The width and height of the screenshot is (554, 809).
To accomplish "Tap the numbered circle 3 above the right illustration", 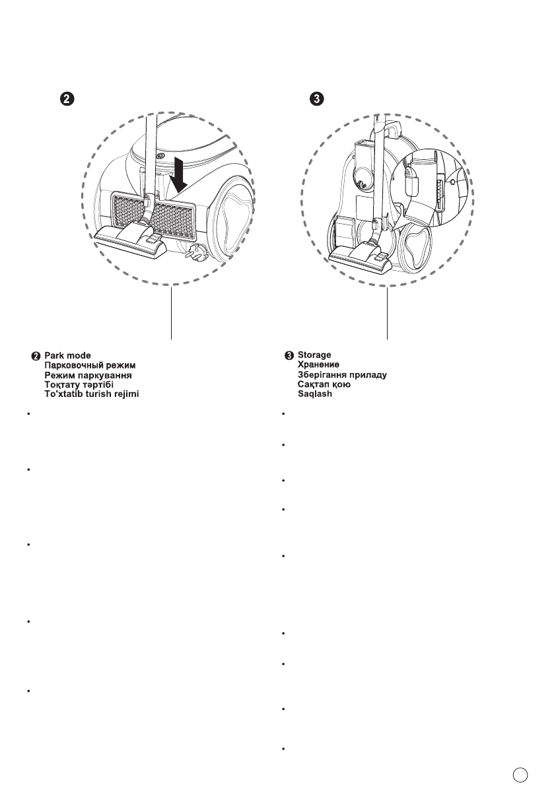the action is click(x=318, y=98).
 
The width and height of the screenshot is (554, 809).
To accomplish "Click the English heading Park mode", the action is click(x=72, y=355).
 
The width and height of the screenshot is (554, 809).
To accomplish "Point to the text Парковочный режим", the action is click(x=89, y=365).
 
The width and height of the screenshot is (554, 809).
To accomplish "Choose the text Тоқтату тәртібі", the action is click(x=79, y=384).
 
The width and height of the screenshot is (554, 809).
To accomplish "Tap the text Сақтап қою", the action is click(x=324, y=384).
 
